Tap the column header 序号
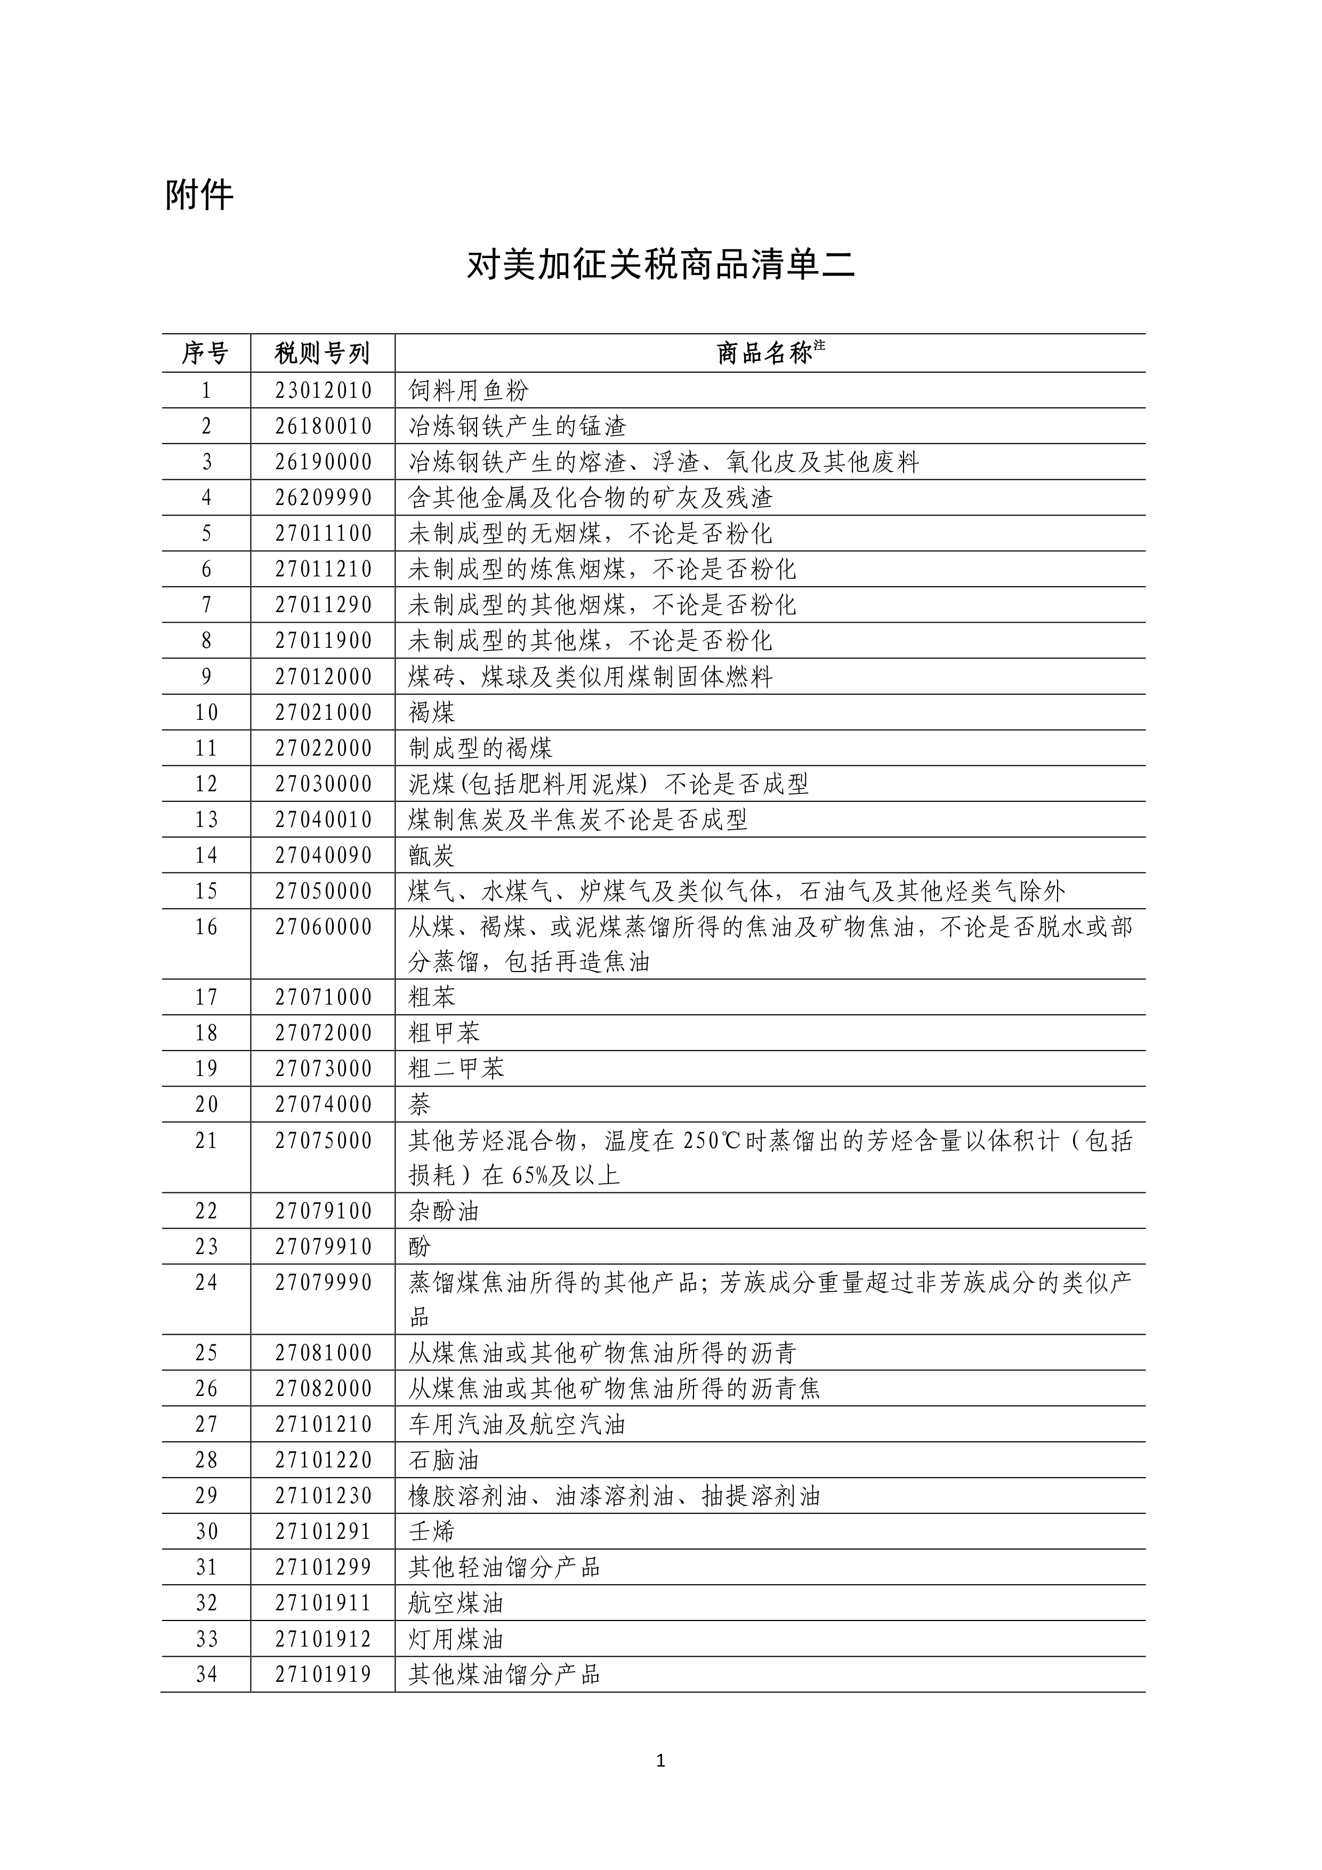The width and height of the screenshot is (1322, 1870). [205, 354]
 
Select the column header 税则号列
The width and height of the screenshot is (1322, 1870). [323, 354]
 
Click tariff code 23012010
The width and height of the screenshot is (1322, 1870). [323, 391]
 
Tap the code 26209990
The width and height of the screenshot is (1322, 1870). [323, 497]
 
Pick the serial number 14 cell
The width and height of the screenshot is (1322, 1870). [206, 855]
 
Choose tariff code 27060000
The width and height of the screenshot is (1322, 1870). [323, 927]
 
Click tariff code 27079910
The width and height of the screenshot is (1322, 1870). [323, 1247]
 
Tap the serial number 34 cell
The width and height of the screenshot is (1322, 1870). [206, 1674]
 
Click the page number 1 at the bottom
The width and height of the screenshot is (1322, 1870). [660, 1761]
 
